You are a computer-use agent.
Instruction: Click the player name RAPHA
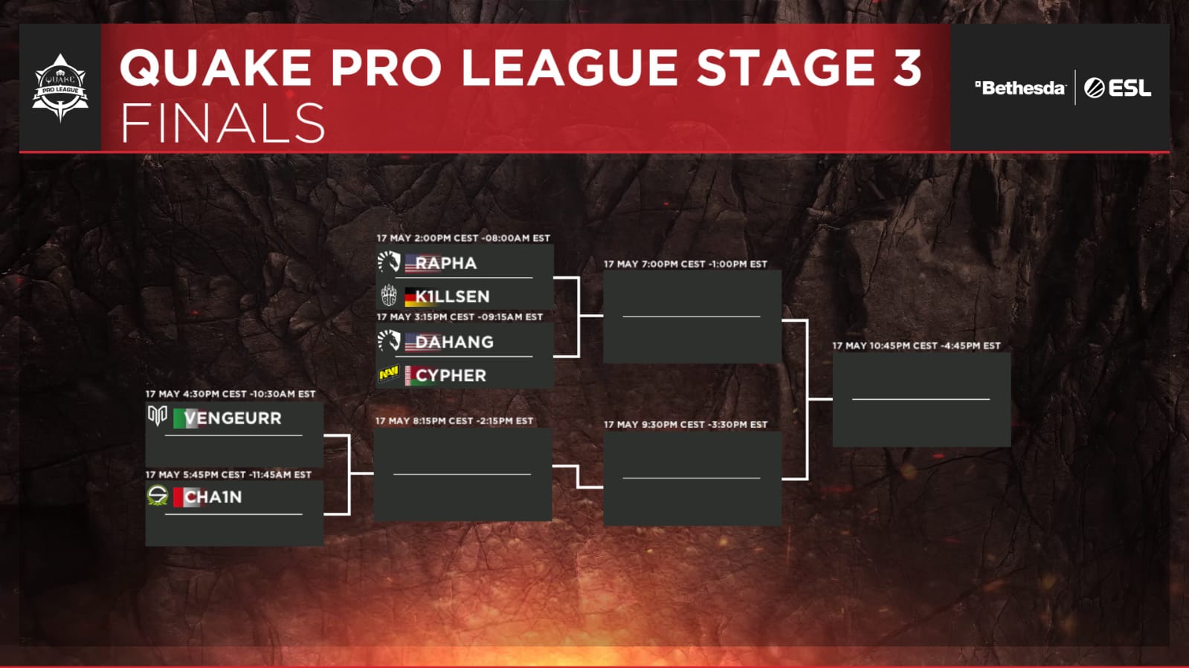(x=445, y=263)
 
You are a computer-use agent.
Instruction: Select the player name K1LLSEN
(x=452, y=296)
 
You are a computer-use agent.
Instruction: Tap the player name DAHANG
(x=454, y=342)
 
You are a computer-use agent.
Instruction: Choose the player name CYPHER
(x=451, y=376)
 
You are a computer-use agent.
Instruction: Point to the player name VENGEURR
(x=233, y=418)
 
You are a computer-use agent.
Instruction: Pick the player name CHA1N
(x=213, y=497)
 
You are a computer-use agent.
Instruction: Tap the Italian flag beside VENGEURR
(x=179, y=418)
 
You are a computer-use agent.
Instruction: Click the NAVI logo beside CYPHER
(x=388, y=374)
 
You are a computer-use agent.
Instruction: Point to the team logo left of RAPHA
(x=388, y=262)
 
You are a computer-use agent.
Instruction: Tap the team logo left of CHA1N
(x=158, y=496)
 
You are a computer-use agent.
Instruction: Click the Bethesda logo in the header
(x=1020, y=88)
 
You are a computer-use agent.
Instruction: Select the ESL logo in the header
(x=1118, y=88)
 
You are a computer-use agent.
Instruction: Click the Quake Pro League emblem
(x=60, y=88)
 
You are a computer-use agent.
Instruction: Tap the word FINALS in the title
(x=223, y=123)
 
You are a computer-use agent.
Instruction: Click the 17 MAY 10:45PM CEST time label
(x=916, y=346)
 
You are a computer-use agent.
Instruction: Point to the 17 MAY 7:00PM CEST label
(x=685, y=264)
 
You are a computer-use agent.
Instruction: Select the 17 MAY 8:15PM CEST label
(x=454, y=421)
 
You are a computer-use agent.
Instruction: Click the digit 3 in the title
(x=906, y=68)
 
